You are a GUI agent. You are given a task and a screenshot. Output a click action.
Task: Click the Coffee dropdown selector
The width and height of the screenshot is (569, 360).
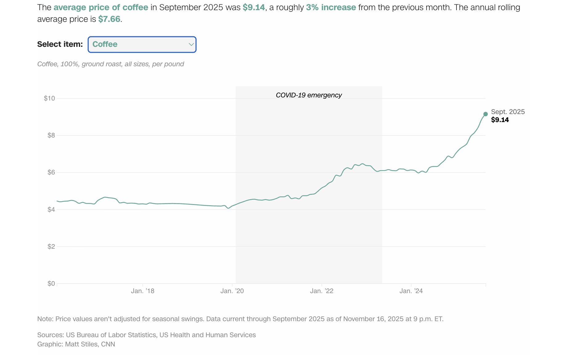click(142, 44)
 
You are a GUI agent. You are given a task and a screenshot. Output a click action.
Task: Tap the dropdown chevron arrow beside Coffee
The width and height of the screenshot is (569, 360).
click(191, 44)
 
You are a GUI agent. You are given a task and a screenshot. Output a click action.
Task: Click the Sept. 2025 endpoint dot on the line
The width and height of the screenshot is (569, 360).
click(485, 114)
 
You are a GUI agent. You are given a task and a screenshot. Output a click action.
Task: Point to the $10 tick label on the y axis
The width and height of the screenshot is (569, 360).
click(49, 98)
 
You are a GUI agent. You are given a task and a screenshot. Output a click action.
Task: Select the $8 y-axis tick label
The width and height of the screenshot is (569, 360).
click(51, 135)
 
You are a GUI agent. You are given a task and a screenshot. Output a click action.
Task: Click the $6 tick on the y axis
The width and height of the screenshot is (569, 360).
click(51, 172)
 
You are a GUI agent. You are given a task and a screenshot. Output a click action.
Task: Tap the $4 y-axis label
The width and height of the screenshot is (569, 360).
click(51, 210)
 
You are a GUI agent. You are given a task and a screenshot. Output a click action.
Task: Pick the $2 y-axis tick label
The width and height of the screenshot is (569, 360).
click(51, 247)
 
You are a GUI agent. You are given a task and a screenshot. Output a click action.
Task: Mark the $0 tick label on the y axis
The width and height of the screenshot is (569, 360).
click(51, 284)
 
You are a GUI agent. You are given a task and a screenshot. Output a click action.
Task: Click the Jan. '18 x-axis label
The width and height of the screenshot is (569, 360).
click(142, 291)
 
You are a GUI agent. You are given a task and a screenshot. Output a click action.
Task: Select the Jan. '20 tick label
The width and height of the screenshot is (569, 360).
click(232, 291)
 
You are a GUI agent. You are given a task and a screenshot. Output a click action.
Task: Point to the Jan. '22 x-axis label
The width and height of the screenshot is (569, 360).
click(321, 291)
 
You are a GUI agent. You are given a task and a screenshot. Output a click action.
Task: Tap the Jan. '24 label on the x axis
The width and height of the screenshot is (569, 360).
click(411, 291)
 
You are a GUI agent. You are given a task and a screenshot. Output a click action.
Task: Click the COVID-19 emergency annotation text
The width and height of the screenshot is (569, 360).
click(309, 95)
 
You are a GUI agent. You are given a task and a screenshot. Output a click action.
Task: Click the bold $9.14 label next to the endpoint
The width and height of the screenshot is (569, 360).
click(500, 120)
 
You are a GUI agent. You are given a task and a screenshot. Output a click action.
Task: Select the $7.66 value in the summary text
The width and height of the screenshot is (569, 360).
click(109, 19)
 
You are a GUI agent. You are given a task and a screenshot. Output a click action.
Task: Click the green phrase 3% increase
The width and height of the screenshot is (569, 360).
click(331, 7)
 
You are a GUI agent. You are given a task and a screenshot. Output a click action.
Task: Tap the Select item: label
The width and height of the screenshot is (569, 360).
click(60, 44)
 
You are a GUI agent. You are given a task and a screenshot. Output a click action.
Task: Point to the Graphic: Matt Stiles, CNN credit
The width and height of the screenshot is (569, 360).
click(76, 344)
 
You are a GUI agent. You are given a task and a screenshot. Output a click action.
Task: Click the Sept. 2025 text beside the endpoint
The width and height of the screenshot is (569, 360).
click(508, 112)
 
